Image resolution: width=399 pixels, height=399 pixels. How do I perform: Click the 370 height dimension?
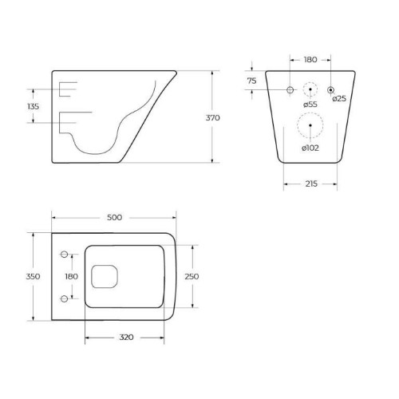212,117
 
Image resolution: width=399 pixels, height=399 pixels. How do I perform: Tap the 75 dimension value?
251,81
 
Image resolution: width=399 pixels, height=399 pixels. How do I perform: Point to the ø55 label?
310,104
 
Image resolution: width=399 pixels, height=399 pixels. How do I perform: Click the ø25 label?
339,98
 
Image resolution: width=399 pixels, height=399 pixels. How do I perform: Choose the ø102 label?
310,147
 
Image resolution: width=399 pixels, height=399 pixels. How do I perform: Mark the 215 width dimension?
311,184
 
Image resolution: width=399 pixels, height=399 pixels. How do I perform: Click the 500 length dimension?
114,217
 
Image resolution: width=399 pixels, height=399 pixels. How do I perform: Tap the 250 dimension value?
192,276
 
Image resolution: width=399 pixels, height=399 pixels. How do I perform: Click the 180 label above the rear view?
311,59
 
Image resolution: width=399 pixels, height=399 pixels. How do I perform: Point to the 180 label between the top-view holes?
72,276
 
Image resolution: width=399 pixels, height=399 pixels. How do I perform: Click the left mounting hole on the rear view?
290,88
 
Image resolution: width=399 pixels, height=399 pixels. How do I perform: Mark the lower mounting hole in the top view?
62,299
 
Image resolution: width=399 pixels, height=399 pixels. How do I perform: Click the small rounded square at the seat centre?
102,277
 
